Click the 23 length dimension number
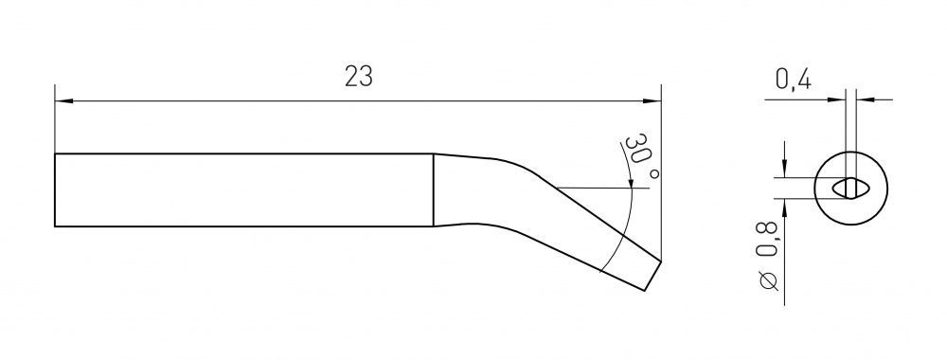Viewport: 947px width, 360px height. click(x=359, y=77)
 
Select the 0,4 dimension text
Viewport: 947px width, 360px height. click(x=793, y=81)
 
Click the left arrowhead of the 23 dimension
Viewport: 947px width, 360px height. click(x=63, y=100)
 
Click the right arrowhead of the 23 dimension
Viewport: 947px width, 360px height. click(x=652, y=100)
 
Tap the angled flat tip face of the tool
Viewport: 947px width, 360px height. click(x=652, y=276)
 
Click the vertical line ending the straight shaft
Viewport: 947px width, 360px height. click(x=434, y=190)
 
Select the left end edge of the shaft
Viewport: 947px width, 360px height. click(x=55, y=190)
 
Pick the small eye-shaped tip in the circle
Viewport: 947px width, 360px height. click(x=851, y=189)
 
